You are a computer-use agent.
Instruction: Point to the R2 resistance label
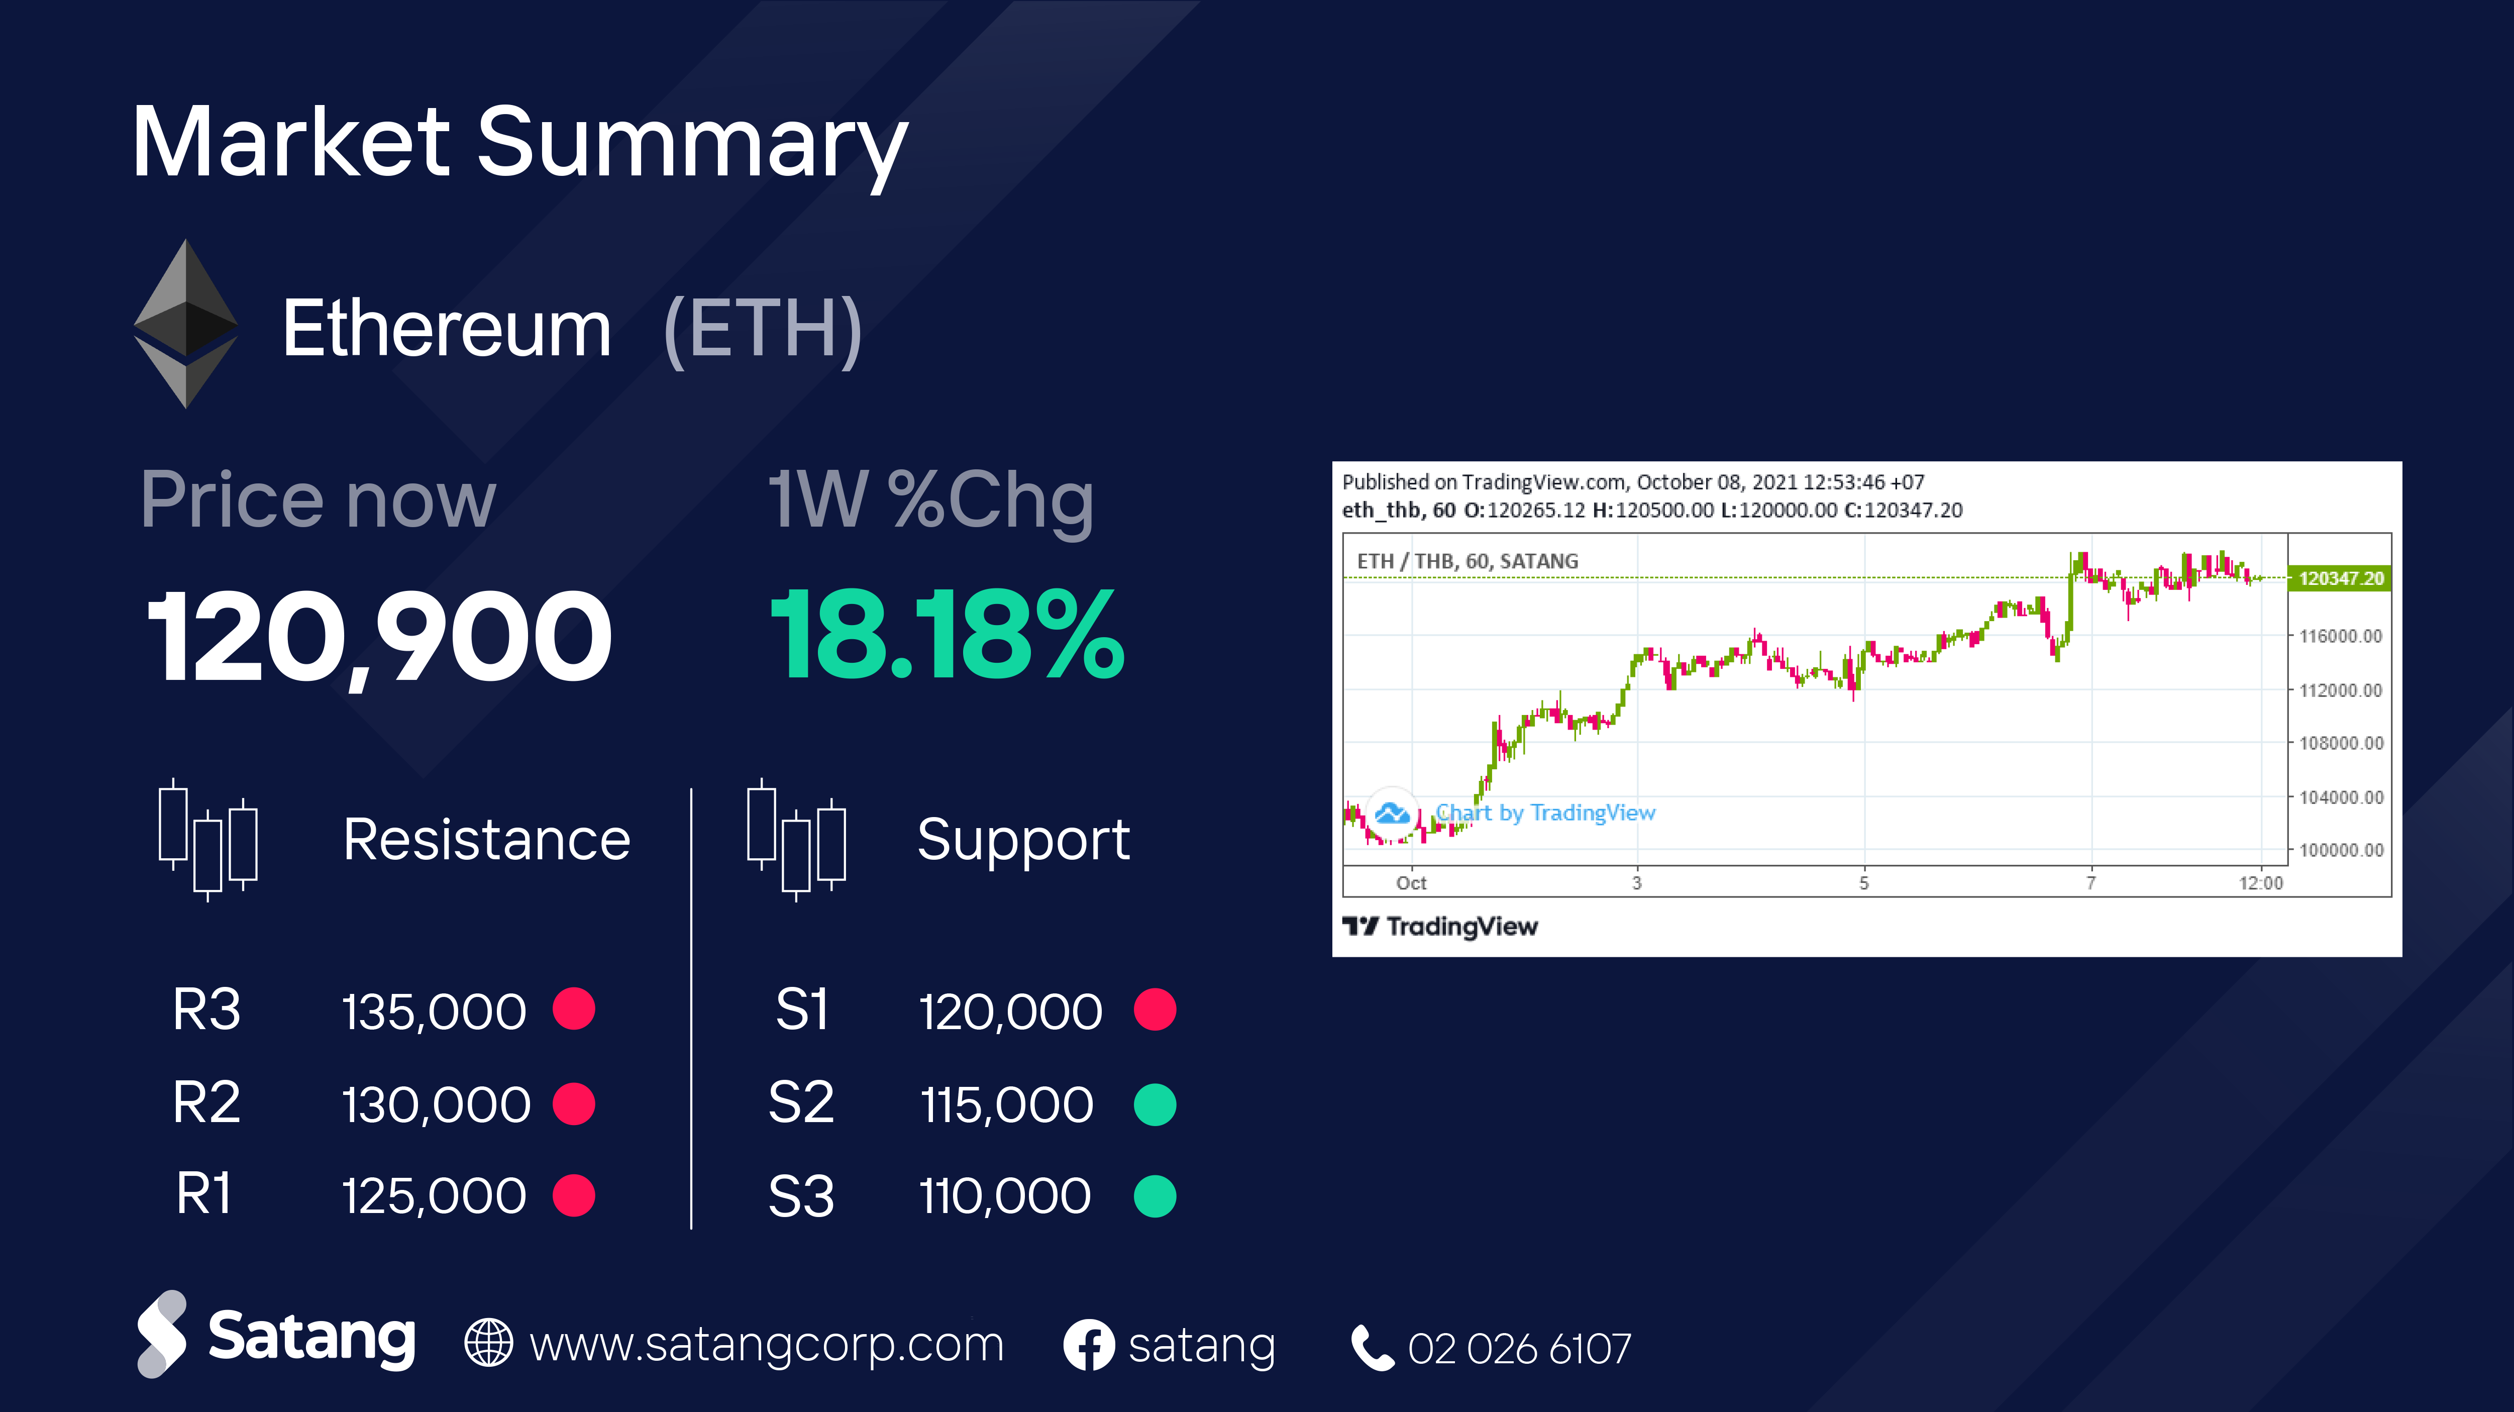click(206, 1102)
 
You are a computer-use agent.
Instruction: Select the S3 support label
click(801, 1196)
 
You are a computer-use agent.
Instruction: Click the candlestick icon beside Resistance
click(208, 839)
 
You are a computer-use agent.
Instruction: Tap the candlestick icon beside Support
click(796, 839)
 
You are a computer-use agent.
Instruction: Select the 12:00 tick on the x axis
click(2260, 883)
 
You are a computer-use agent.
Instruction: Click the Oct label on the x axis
click(1411, 883)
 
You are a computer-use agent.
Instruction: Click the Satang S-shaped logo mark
click(162, 1334)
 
